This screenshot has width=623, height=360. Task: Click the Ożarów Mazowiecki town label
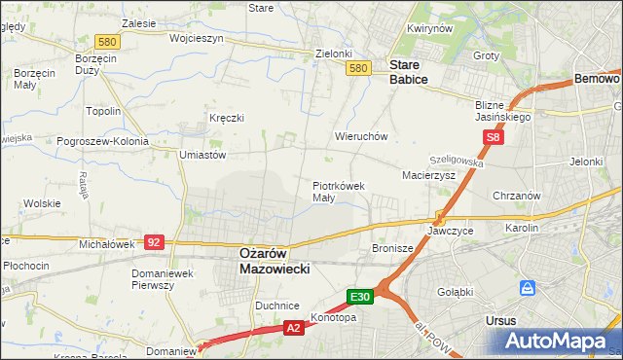274,260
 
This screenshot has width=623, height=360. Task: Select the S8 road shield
495,138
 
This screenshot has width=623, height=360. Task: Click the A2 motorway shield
294,329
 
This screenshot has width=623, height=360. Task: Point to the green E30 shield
360,296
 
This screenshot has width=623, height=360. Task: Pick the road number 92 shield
153,241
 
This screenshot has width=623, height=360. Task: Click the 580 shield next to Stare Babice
358,67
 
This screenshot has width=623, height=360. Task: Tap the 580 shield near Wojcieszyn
108,41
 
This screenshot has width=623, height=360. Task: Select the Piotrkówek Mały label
338,191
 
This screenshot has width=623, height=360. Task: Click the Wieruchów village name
361,137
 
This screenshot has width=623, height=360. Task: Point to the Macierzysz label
428,175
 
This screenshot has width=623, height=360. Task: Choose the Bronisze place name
393,248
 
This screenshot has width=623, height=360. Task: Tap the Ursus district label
500,319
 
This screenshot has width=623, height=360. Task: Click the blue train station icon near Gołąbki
528,288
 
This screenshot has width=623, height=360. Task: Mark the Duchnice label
277,306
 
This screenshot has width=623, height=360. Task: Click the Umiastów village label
202,155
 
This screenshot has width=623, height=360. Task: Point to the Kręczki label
226,118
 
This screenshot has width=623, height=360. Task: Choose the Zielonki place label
332,54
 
